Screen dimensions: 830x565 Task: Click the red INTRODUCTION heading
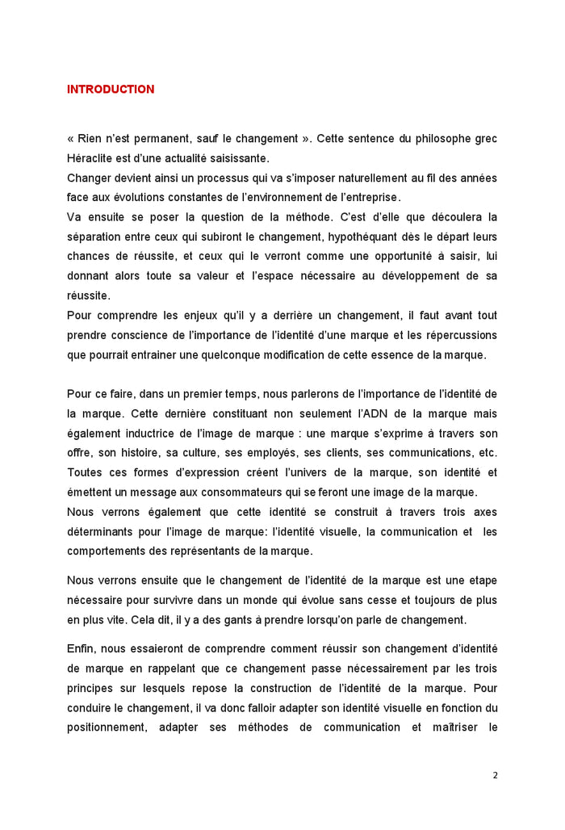coord(111,90)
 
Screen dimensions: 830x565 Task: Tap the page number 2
coord(495,775)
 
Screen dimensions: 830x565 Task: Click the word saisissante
coord(239,158)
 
